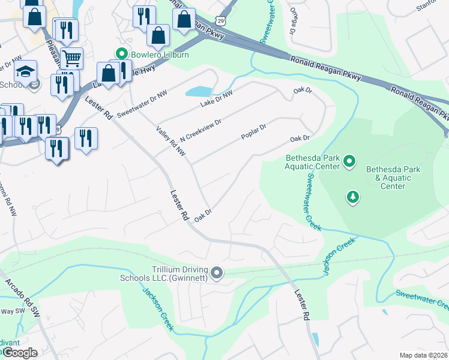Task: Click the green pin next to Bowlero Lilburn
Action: (x=122, y=55)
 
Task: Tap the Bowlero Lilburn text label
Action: (x=160, y=55)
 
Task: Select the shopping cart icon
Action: (x=71, y=58)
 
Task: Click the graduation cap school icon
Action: (x=26, y=71)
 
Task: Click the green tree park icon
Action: (x=354, y=197)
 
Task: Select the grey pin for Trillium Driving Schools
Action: (x=217, y=274)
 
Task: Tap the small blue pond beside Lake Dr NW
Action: (x=199, y=92)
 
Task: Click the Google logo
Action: (x=19, y=353)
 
